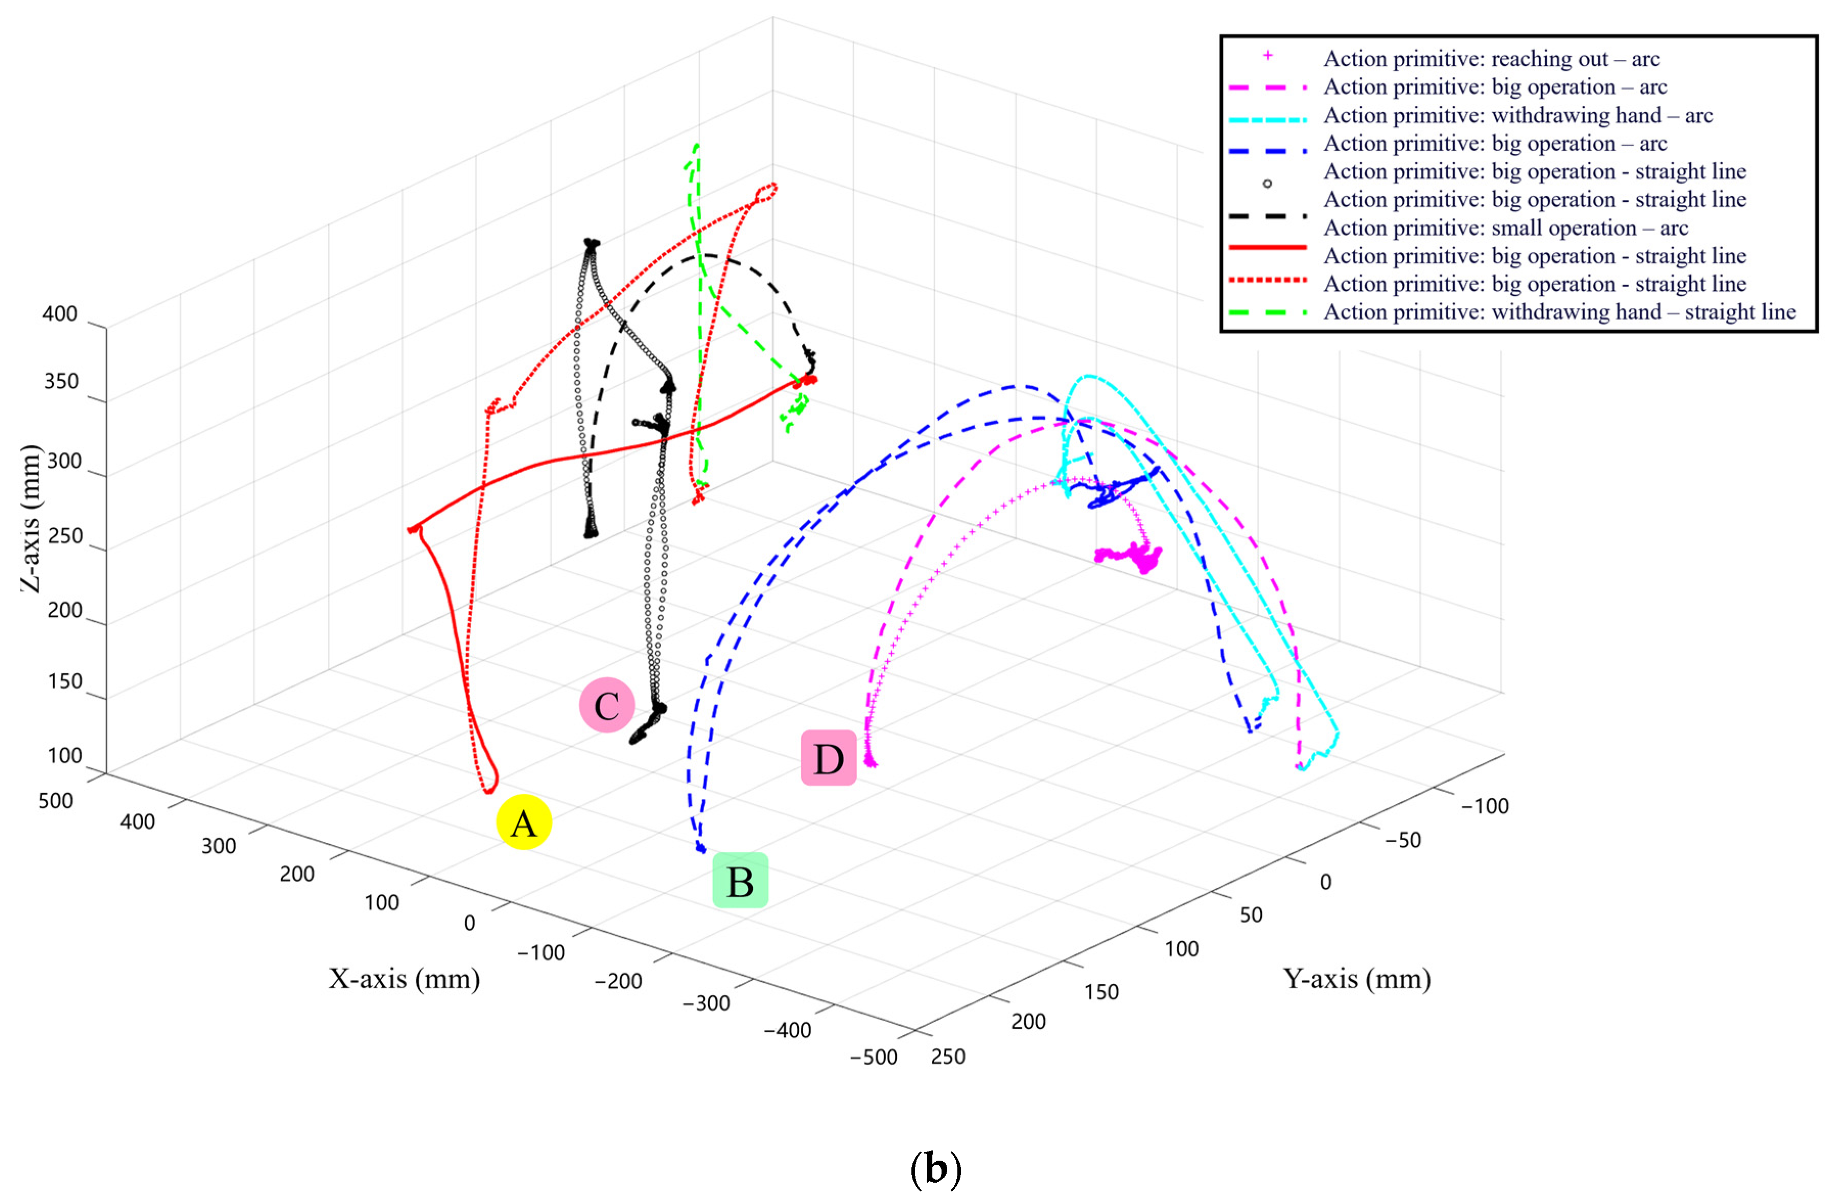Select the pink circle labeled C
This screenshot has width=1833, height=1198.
(607, 705)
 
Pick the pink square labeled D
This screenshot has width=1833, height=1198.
(829, 758)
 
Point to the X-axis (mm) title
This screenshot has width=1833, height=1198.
(404, 978)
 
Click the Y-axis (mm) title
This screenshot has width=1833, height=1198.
(1357, 978)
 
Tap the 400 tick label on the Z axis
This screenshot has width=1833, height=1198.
(60, 314)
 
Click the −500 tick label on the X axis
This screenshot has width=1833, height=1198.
(874, 1057)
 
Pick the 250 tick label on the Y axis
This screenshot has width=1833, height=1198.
(948, 1056)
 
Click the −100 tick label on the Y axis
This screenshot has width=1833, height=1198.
(1485, 806)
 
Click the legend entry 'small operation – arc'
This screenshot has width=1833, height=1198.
(1506, 228)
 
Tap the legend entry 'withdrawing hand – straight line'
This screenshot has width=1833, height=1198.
(1560, 312)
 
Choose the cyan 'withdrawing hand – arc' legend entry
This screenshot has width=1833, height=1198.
(1518, 116)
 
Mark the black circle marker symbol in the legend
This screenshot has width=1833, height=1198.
(1267, 183)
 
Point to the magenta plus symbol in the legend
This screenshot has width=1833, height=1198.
(1267, 56)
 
